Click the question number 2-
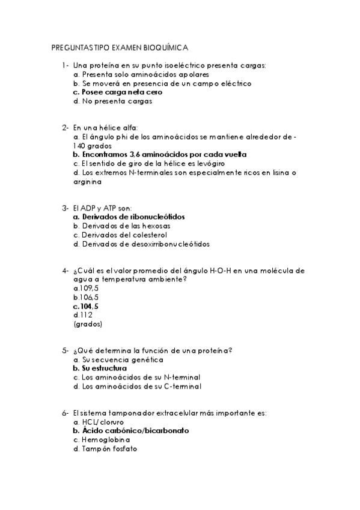click(65, 127)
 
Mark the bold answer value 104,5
click(86, 307)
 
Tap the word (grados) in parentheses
click(88, 324)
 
